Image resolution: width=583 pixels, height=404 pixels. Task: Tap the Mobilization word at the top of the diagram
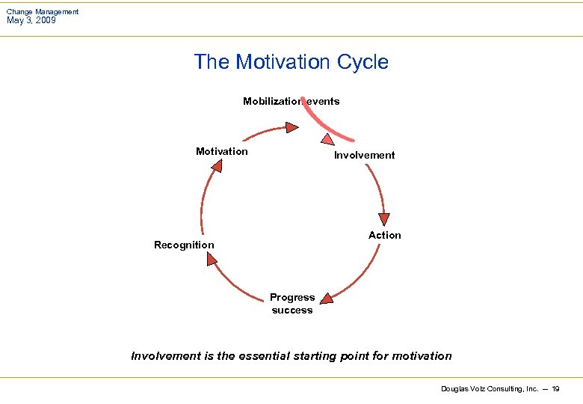[271, 101]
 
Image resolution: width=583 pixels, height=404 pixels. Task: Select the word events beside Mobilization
[323, 101]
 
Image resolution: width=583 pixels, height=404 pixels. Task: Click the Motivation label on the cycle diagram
[221, 151]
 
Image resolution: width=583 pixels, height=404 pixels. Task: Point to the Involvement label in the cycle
[364, 155]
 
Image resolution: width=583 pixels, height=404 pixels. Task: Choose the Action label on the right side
[384, 235]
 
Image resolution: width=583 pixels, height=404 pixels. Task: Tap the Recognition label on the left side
[184, 245]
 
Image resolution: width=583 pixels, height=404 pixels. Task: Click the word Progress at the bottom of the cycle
[292, 297]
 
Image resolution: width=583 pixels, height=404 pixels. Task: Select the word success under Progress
[292, 310]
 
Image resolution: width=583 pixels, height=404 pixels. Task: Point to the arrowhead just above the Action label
[383, 218]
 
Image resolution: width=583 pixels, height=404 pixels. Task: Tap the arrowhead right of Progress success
[326, 299]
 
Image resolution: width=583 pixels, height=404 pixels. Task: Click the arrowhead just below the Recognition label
[212, 259]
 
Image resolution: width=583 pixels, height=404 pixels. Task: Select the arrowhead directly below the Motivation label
[216, 165]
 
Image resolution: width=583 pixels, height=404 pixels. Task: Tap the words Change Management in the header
[43, 11]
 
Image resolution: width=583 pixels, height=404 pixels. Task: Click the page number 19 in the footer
[555, 389]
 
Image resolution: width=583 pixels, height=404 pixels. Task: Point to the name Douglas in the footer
[455, 389]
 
